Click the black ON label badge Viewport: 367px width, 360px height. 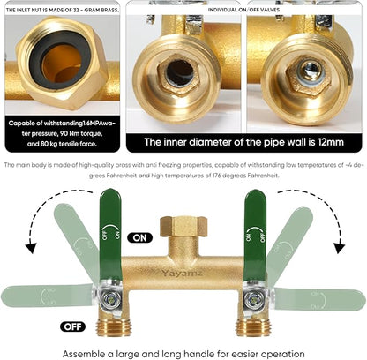(x=139, y=237)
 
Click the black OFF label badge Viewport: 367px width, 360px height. (x=73, y=326)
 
